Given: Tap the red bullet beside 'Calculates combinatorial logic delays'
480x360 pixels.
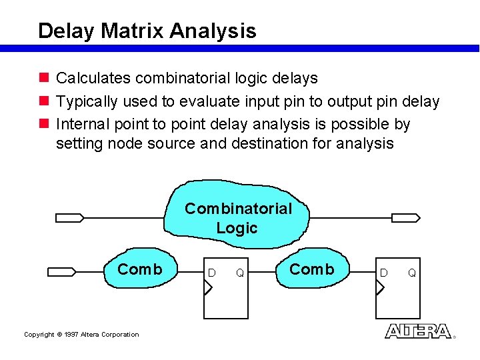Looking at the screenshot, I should point(44,78).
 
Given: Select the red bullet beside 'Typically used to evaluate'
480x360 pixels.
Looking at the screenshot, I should point(44,101).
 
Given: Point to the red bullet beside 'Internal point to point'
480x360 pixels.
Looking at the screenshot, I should point(44,124).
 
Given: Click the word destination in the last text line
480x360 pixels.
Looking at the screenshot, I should point(273,143).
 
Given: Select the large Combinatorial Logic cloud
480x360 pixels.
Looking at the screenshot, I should point(238,217).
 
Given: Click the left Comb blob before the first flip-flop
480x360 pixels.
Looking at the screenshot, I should point(139,269).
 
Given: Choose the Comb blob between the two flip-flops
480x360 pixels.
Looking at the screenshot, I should point(311,269).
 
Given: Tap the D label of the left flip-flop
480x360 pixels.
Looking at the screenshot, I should point(211,273).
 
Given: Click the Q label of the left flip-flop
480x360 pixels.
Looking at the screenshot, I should point(239,273).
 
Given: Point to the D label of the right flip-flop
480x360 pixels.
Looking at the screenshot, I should point(383,273).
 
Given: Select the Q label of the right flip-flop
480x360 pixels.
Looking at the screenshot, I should point(411,273).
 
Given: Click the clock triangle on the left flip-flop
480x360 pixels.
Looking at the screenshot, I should point(208,288).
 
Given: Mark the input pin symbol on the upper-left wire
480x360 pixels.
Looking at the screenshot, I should point(69,217).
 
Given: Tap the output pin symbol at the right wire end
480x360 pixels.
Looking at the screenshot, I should point(405,217).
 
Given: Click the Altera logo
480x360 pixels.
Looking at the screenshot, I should point(418,331).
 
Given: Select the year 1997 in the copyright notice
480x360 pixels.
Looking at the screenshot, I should point(73,335).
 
